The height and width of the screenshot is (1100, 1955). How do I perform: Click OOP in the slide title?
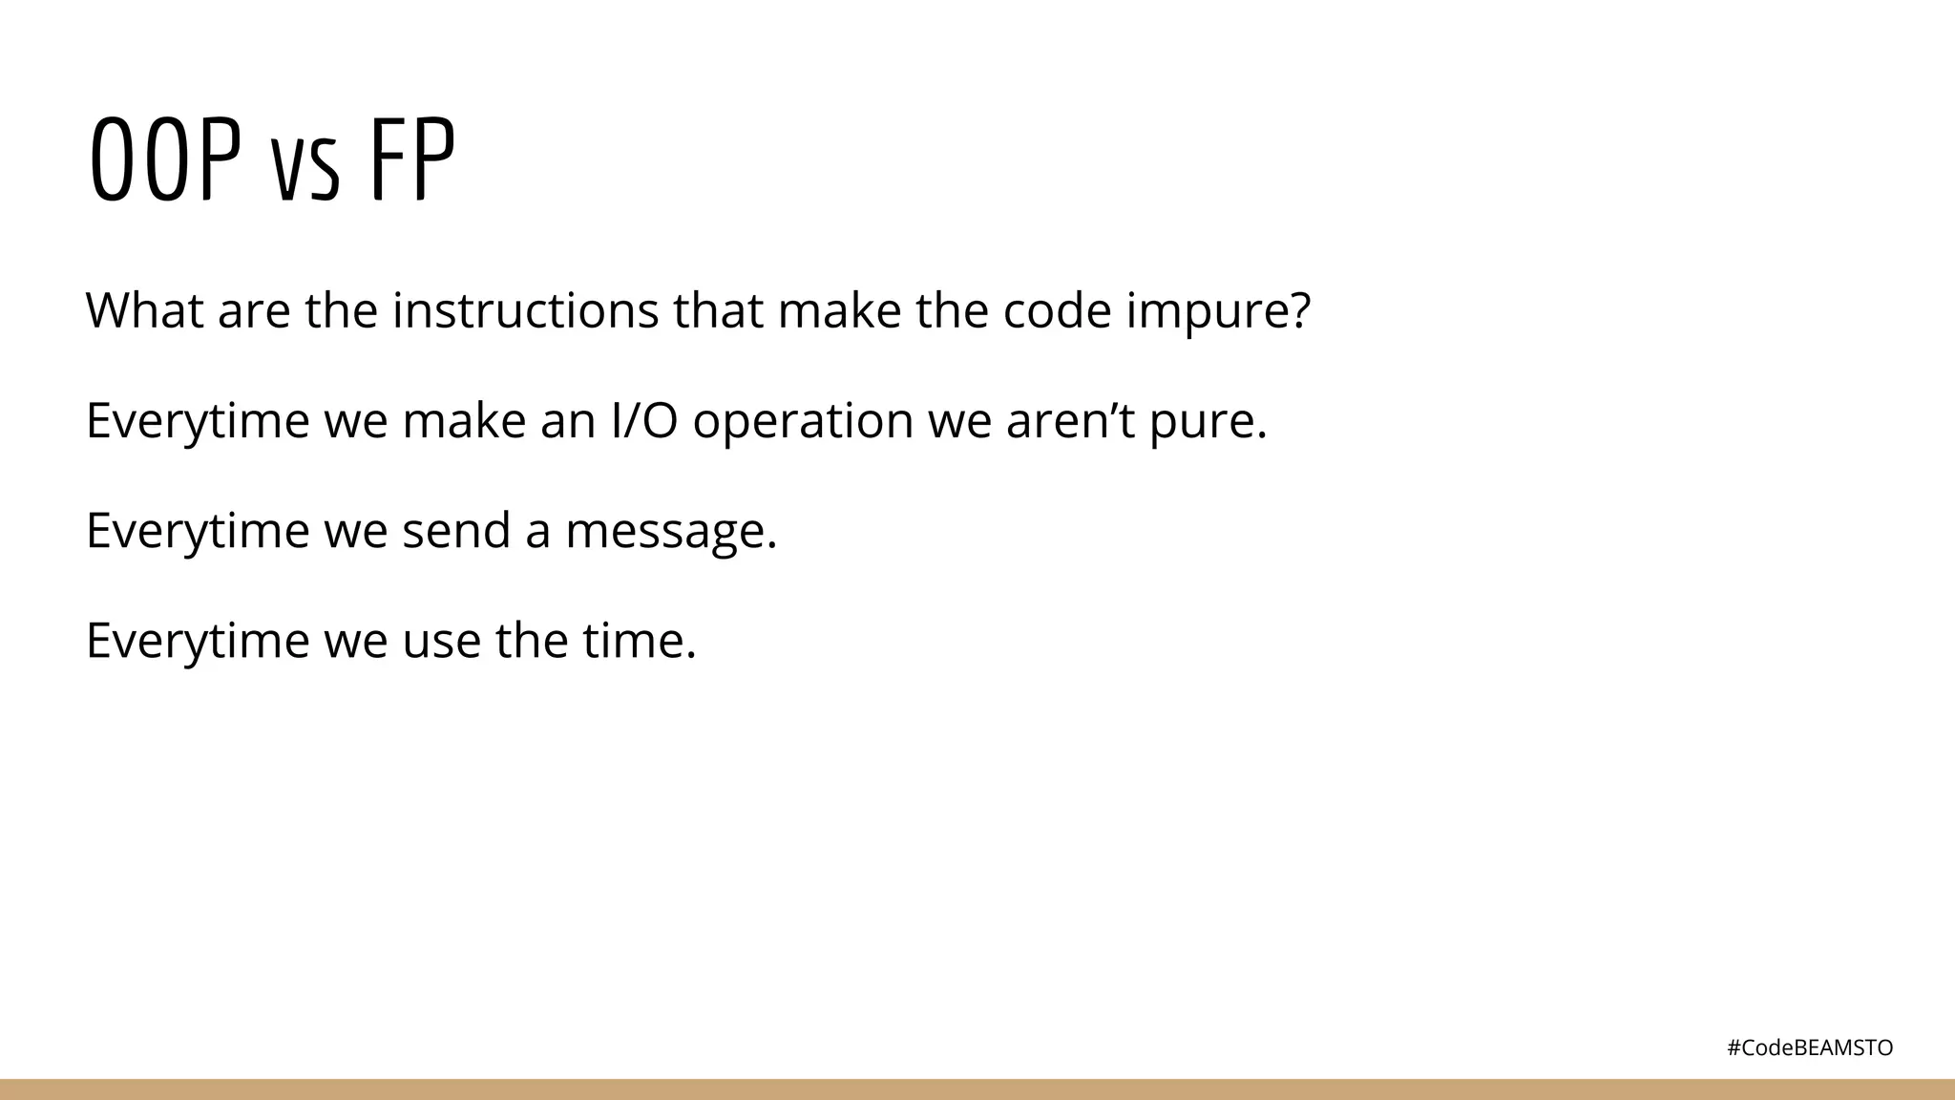tap(164, 160)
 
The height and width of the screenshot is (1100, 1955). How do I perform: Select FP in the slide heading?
tap(411, 160)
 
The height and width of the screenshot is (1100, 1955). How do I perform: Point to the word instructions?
tap(525, 310)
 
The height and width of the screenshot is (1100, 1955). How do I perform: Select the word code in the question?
tap(1057, 310)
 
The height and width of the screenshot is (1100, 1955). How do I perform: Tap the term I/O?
tap(644, 420)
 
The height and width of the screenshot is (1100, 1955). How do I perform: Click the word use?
tap(441, 641)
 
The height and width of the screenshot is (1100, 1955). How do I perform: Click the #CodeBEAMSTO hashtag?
tap(1810, 1047)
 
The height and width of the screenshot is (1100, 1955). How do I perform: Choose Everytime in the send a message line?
tap(198, 532)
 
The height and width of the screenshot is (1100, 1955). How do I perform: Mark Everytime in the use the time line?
tap(198, 642)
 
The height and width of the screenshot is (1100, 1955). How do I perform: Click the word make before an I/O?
tap(464, 420)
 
